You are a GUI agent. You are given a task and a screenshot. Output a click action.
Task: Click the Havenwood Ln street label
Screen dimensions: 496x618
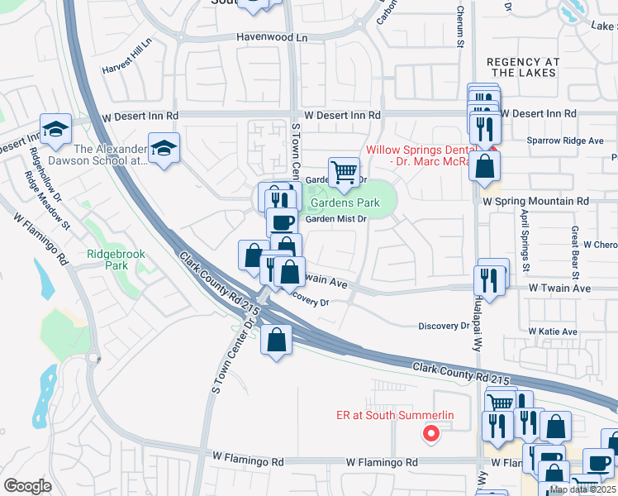click(x=271, y=37)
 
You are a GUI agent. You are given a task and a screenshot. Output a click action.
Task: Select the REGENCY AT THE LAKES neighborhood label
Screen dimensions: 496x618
click(x=523, y=68)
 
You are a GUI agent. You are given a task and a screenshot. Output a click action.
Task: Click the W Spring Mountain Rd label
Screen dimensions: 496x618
click(x=535, y=201)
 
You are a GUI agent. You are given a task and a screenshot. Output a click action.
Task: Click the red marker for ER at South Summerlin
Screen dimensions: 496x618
click(x=430, y=432)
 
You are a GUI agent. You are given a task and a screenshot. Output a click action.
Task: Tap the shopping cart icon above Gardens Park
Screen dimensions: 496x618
click(x=344, y=172)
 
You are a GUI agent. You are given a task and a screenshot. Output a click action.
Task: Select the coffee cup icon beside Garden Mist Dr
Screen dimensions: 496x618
click(x=282, y=222)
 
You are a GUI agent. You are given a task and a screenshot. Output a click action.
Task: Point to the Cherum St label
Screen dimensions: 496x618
click(x=460, y=25)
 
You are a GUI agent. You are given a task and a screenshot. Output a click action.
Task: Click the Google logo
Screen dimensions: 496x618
click(x=27, y=486)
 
